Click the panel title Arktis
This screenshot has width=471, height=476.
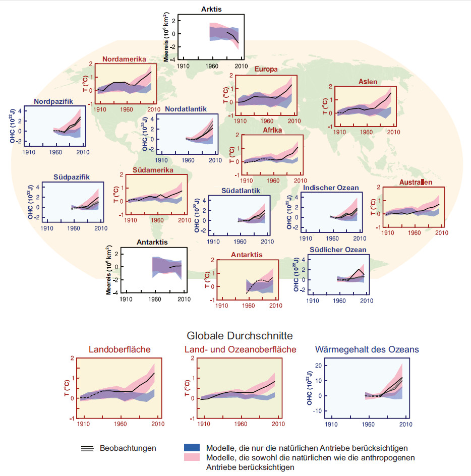coord(211,9)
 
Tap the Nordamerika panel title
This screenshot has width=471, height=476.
coord(124,59)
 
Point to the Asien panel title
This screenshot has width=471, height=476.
coord(368,82)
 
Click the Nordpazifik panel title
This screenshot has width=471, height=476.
coord(53,101)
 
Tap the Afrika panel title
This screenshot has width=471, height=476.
coord(272,130)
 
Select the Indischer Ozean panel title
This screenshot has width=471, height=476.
coord(331,188)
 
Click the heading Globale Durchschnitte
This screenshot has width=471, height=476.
coord(240,335)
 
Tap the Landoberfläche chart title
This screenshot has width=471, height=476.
coord(120,349)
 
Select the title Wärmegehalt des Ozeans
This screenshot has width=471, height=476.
coord(367,349)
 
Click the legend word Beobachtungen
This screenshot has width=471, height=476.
coord(128,448)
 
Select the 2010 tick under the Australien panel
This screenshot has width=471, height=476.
coord(442,232)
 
